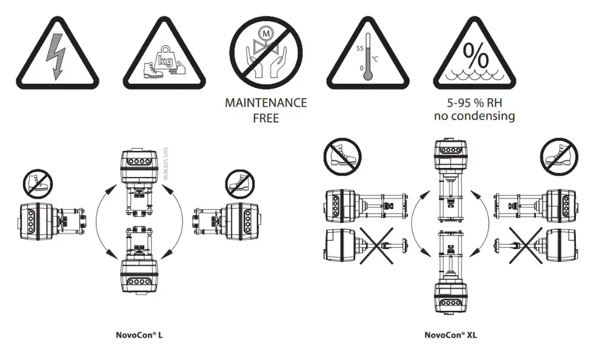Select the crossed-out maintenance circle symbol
pos(265,52)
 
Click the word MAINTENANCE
pos(265,103)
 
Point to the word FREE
pos(265,118)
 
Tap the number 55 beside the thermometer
pos(359,47)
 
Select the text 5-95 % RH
pos(474,103)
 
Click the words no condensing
pos(474,116)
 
